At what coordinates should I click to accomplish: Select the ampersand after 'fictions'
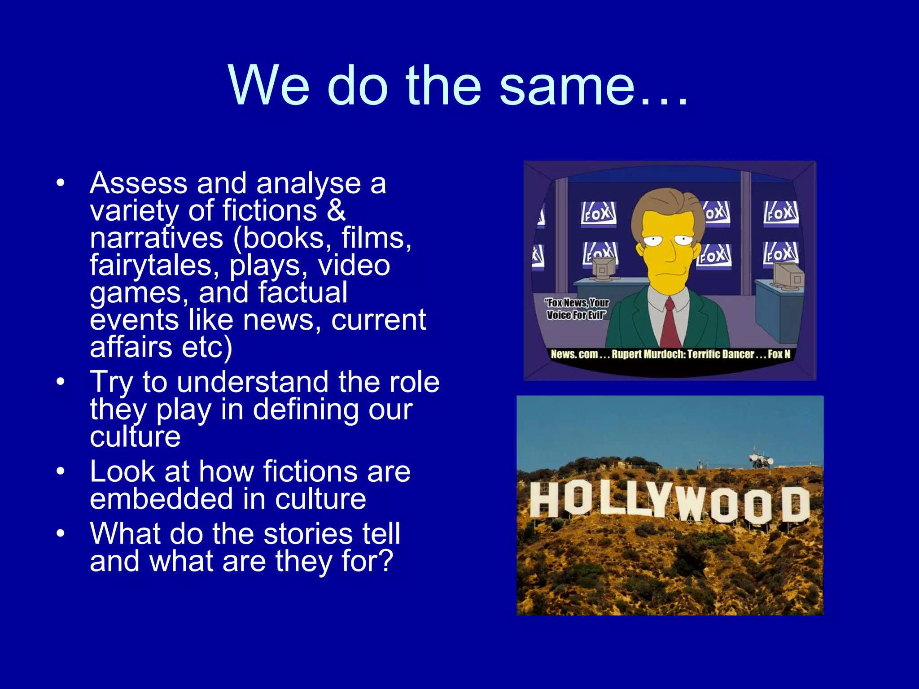tap(336, 211)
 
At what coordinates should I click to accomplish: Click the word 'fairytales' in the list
tap(150, 266)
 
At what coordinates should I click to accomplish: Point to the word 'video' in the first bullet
tap(354, 266)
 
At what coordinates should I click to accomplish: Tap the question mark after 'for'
tap(385, 561)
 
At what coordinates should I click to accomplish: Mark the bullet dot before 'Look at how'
tap(61, 471)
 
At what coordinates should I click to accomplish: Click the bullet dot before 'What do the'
tap(61, 533)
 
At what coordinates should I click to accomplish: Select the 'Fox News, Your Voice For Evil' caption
tap(577, 309)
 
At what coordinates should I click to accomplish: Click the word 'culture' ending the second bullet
tap(135, 436)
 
